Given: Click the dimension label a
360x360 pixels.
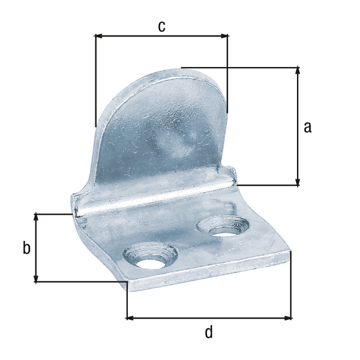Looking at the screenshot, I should [308, 127].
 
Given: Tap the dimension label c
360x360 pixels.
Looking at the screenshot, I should [161, 26].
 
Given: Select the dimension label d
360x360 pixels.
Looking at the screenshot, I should [209, 331].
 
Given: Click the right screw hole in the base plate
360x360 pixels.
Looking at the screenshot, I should [224, 227].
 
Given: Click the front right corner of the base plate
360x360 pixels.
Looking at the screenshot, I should [291, 254].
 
